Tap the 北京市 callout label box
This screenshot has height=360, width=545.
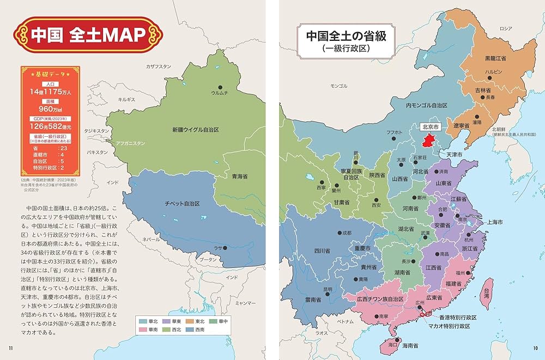(430, 126)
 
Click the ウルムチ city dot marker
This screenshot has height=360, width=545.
(221, 87)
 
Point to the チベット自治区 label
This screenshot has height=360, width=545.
(183, 203)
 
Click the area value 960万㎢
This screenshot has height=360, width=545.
(50, 108)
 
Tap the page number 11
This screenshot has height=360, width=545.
(10, 349)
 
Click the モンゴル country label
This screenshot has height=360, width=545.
(338, 86)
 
